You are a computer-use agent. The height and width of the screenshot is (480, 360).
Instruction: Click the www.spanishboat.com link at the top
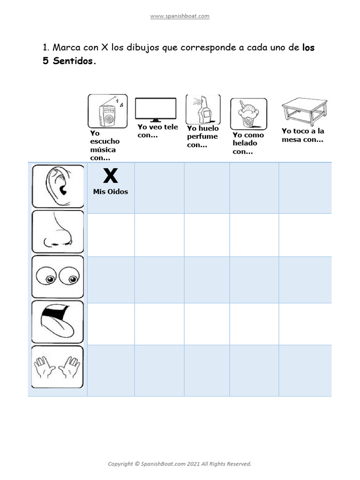(180, 16)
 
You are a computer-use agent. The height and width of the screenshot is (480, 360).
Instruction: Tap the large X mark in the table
(110, 176)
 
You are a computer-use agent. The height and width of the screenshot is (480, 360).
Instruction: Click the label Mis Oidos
(111, 192)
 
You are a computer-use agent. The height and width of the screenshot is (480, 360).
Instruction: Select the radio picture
(107, 111)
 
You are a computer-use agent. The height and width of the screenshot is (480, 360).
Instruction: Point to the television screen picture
(156, 110)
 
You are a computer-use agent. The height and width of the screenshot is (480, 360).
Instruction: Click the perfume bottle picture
(202, 109)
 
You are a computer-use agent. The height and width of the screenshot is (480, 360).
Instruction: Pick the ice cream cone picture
(248, 114)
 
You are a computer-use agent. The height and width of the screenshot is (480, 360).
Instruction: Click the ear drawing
(58, 187)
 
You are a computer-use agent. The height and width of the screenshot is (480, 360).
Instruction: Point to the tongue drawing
(58, 322)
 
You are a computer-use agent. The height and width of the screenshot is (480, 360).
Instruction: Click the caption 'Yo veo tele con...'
(157, 131)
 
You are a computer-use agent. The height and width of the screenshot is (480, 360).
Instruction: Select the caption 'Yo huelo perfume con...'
(202, 136)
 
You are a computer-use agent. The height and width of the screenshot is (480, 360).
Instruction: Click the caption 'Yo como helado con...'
(248, 143)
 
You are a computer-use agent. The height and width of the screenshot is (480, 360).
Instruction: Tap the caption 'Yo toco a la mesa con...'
(303, 135)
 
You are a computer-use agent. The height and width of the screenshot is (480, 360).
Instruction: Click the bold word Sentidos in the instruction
(72, 61)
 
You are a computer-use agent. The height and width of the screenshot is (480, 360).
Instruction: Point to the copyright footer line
(180, 464)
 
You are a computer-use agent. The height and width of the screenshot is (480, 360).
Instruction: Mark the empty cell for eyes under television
(159, 280)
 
